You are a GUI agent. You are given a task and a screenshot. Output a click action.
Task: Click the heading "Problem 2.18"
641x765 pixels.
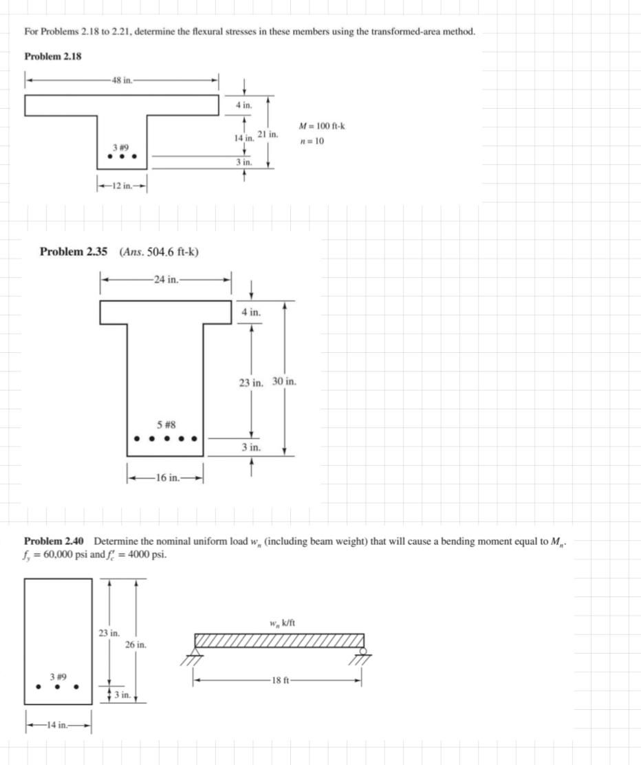53,56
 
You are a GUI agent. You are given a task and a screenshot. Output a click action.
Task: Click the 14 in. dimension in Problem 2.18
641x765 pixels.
243,138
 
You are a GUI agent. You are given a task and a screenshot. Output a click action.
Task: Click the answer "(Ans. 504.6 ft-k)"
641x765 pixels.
159,252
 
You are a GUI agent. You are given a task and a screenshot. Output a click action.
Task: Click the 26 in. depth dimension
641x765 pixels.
135,645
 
